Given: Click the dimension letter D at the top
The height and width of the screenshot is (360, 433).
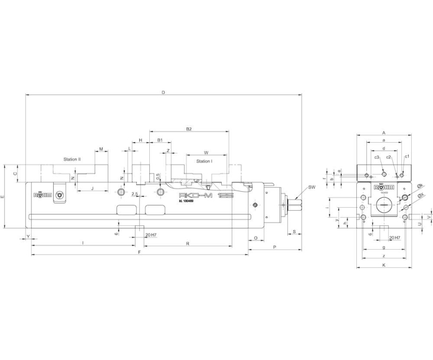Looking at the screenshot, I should click(x=163, y=92).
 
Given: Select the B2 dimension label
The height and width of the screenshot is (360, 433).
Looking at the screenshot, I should click(x=189, y=129).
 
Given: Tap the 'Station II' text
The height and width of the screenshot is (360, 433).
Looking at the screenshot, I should click(x=71, y=159).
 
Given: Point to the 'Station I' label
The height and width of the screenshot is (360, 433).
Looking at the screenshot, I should click(x=204, y=161).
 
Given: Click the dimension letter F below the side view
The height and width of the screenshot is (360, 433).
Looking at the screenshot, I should click(x=139, y=252).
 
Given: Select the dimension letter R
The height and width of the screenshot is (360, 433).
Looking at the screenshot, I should click(x=187, y=243).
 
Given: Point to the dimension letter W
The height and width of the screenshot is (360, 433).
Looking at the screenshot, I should click(x=206, y=152).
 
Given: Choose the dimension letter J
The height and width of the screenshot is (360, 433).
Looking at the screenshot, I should click(x=92, y=188).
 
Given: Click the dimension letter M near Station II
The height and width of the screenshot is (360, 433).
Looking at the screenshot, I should click(x=101, y=149).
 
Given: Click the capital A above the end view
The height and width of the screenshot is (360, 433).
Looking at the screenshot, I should click(x=383, y=133).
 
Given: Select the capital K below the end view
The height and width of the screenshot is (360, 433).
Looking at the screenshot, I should click(x=384, y=265).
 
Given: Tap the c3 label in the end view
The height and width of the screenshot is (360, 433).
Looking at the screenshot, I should click(x=376, y=158).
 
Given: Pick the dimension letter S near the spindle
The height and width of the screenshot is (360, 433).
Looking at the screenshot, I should click(x=294, y=232).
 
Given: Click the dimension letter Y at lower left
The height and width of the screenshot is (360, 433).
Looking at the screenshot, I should click(x=28, y=236).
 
